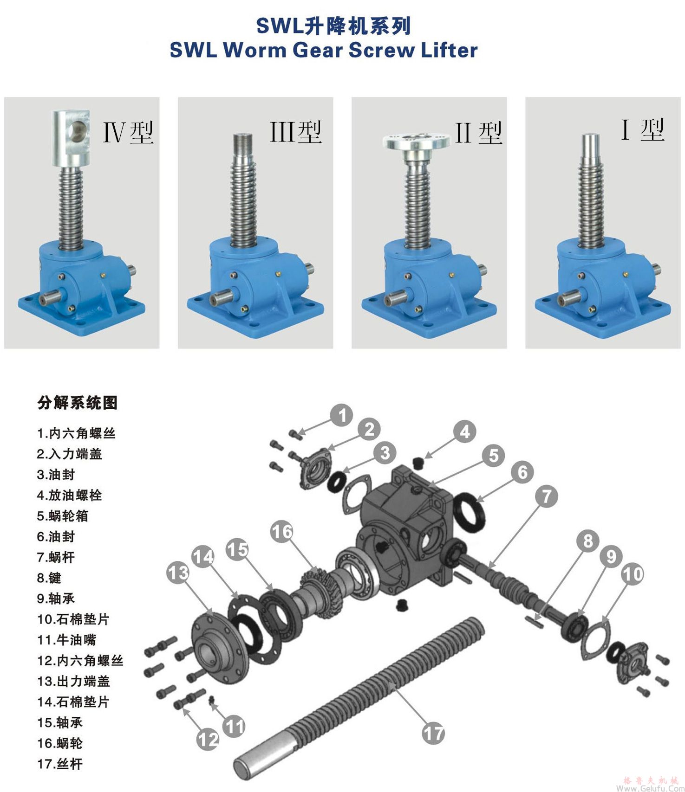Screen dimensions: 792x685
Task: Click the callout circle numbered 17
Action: tap(433, 734)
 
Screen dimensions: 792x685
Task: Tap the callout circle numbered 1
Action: tap(342, 415)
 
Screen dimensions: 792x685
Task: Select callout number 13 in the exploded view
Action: tap(178, 573)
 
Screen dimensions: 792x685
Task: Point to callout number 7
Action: tap(547, 496)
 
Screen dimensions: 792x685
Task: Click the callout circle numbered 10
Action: tap(633, 574)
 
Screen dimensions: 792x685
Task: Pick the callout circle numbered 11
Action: tap(234, 726)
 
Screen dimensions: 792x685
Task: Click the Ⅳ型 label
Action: tap(128, 132)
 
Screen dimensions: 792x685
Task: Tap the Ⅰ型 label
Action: tap(643, 129)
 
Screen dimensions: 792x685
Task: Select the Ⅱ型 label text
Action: tap(478, 133)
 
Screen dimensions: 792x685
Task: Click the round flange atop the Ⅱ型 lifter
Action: tap(417, 141)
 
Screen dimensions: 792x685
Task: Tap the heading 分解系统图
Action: tap(78, 402)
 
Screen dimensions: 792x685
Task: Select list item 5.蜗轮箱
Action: tap(62, 516)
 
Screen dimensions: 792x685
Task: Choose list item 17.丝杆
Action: tap(59, 764)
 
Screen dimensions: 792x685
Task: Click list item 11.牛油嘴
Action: tap(66, 640)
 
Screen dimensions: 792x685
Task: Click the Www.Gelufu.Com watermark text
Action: tap(650, 788)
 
